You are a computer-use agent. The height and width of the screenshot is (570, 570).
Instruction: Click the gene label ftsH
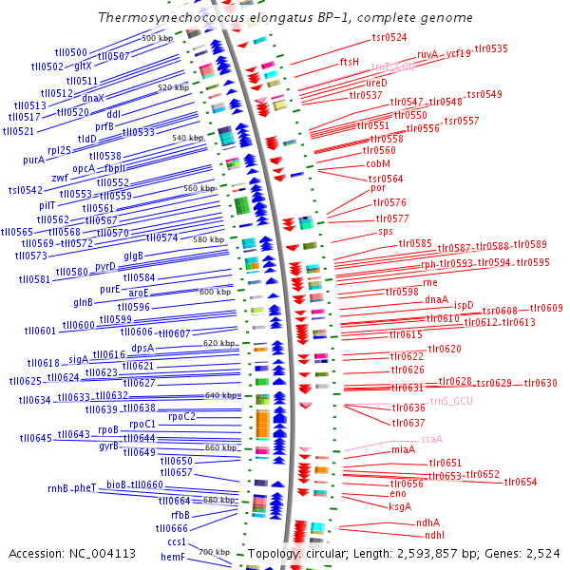(x=350, y=62)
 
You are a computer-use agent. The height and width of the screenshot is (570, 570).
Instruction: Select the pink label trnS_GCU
(x=451, y=402)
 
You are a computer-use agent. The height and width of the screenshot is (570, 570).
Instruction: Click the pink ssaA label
(x=432, y=440)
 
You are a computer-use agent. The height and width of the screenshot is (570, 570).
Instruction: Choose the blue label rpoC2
(x=181, y=416)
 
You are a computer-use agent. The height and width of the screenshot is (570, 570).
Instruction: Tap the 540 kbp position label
(x=187, y=139)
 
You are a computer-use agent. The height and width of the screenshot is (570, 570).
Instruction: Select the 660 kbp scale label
(x=220, y=447)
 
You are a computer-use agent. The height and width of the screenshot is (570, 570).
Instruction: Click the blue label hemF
(x=172, y=558)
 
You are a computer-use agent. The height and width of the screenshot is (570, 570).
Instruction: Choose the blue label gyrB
(x=109, y=446)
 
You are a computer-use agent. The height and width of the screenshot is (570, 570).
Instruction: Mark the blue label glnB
(x=84, y=302)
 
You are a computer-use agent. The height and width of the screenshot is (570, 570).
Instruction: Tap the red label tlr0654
(x=521, y=482)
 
